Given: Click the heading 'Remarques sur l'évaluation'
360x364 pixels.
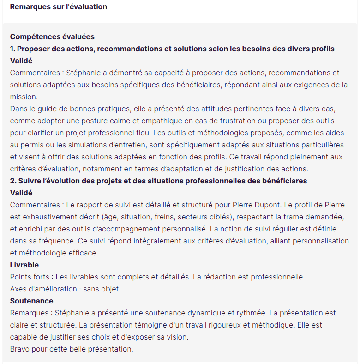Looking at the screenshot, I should point(58,7).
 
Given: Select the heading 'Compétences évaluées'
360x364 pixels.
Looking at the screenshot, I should point(52,36).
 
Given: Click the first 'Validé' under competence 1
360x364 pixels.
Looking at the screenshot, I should point(21,61).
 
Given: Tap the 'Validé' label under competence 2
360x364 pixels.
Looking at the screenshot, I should point(21,193).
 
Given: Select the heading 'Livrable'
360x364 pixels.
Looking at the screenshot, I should point(24,265).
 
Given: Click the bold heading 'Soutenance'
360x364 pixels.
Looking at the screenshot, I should point(31,301).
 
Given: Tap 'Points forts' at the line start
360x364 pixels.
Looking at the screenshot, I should point(30,277).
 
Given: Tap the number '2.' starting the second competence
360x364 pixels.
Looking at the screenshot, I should point(14,181).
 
